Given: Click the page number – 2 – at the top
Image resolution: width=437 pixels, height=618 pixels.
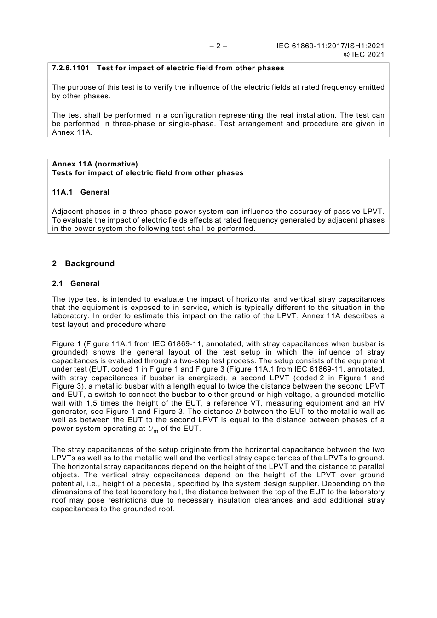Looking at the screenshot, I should pos(218,46).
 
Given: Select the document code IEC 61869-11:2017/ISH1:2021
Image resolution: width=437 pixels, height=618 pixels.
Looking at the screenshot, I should pos(330,46).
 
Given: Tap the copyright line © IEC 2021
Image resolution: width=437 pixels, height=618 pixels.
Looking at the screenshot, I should pos(363,55).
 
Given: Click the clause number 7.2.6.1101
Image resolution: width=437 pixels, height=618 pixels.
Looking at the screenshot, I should pos(70,68).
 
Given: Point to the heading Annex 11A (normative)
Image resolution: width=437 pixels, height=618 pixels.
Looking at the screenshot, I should pos(95,164).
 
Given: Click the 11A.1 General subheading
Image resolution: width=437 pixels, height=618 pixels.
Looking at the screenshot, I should pos(81,192).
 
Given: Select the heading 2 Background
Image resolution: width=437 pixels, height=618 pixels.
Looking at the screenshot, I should pos(83,263).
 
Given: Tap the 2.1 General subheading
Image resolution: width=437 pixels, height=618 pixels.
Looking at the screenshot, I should pos(76,284).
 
